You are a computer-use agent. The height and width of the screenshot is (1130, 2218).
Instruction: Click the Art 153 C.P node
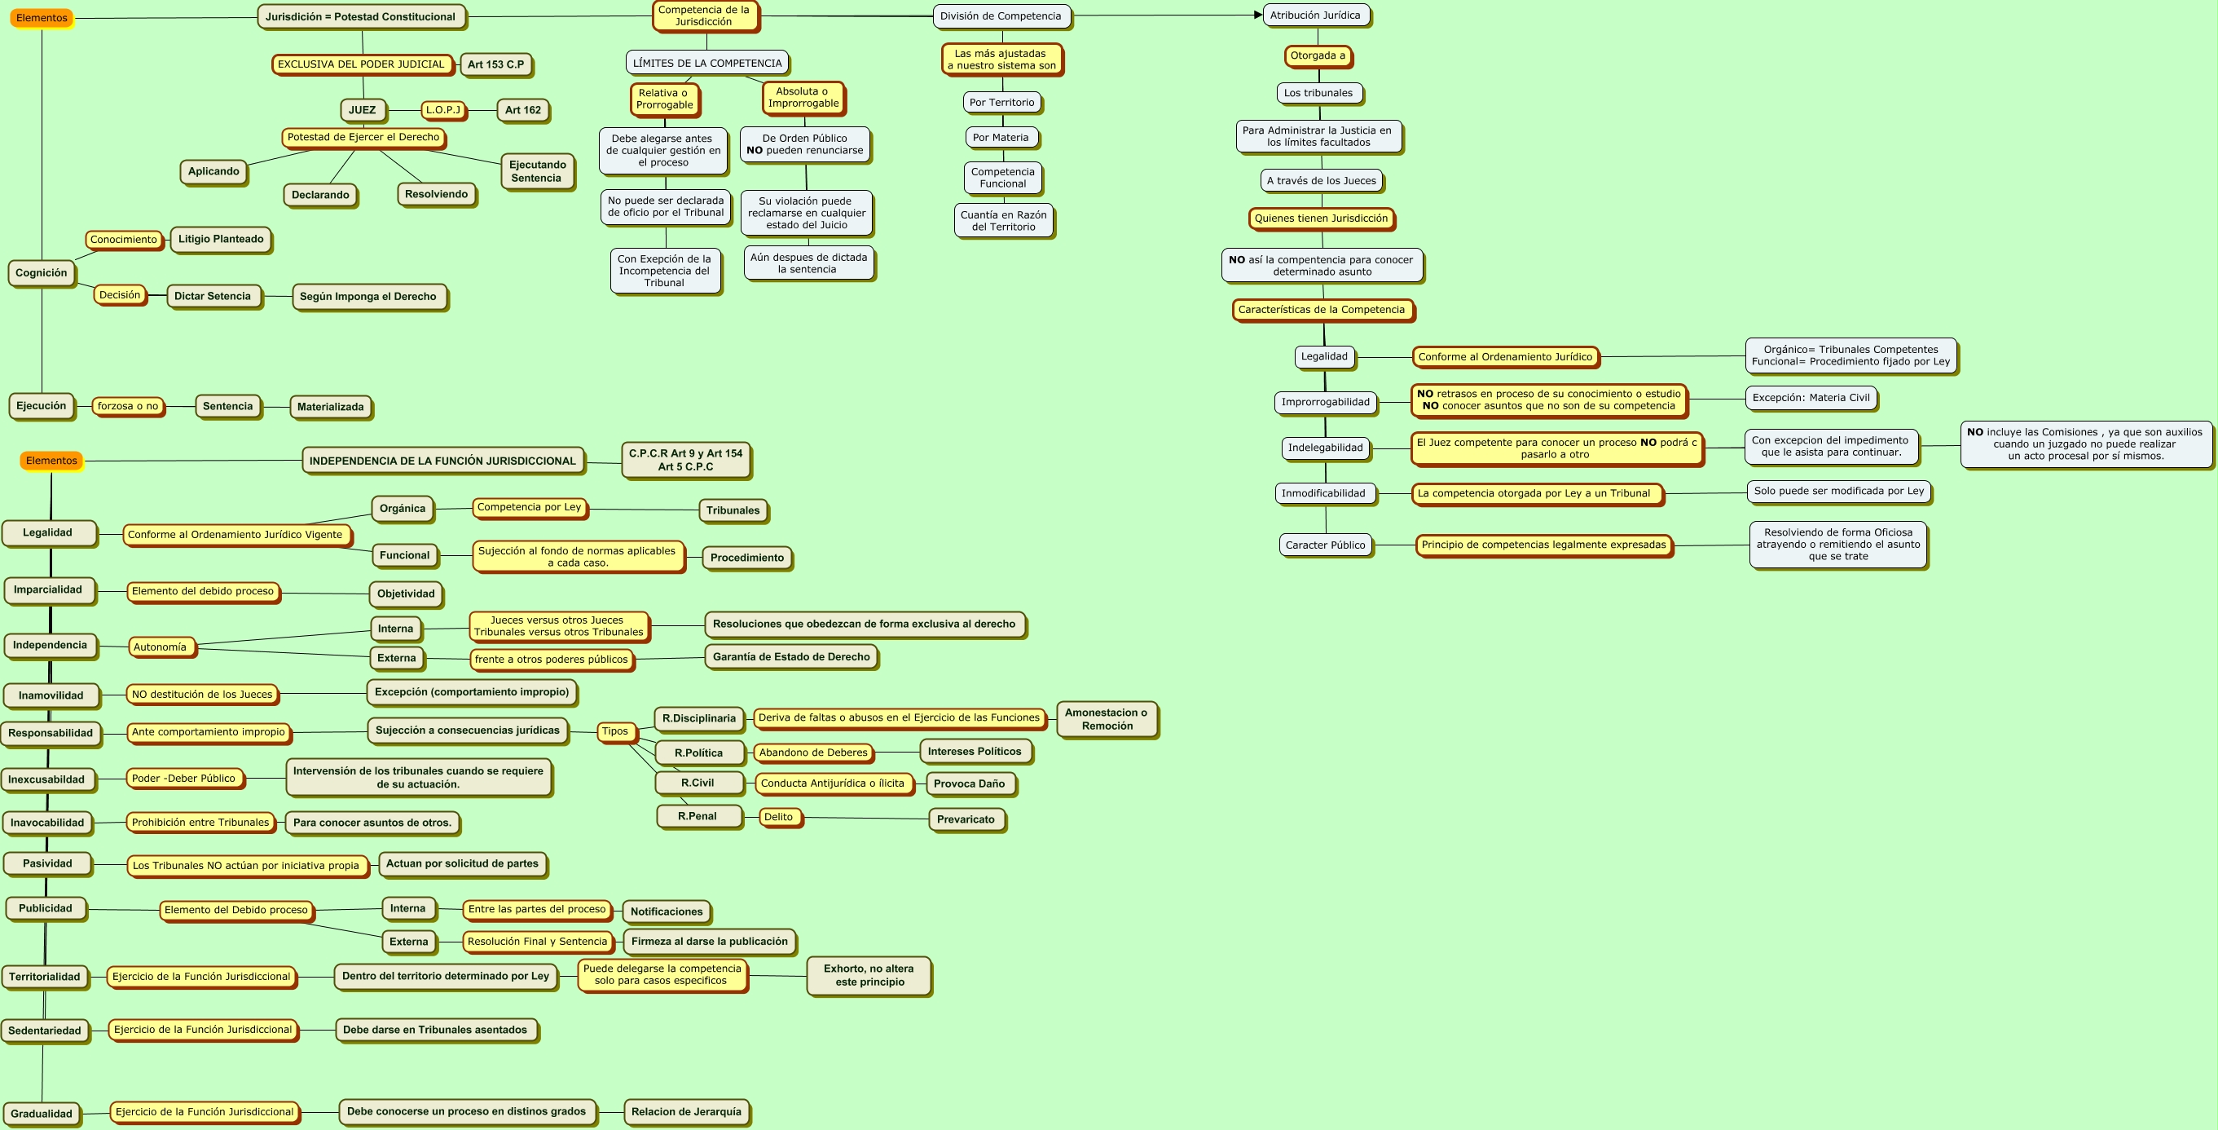[x=496, y=64]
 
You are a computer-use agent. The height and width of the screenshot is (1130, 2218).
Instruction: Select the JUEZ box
[x=363, y=110]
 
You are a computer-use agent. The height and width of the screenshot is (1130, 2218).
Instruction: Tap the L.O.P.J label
[x=443, y=110]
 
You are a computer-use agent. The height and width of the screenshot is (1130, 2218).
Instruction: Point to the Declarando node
[x=320, y=196]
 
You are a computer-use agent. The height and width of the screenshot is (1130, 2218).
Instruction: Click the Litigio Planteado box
[x=222, y=240]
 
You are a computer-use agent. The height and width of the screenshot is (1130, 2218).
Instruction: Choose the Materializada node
[x=331, y=408]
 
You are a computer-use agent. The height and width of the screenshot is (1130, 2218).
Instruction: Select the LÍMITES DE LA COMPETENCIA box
[x=707, y=63]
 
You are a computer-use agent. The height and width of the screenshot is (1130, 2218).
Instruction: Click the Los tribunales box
[x=1318, y=93]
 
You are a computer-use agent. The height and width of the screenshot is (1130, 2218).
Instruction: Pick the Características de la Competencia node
[x=1322, y=310]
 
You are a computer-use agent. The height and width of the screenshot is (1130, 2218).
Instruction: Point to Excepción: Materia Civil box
[x=1811, y=398]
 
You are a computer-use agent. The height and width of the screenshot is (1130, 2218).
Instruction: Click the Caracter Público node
[x=1325, y=545]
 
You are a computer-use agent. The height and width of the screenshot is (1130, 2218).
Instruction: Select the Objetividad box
[x=407, y=594]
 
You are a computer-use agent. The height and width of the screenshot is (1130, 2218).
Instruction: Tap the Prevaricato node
[x=966, y=820]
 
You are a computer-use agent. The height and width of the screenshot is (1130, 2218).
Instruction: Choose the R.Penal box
[x=698, y=816]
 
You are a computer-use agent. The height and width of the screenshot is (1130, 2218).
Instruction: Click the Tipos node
[x=614, y=732]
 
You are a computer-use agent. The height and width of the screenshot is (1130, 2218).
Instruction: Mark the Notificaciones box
[x=667, y=912]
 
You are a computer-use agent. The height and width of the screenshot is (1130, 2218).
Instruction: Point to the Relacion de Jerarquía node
[x=686, y=1112]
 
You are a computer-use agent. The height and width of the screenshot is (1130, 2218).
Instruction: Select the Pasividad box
[x=47, y=864]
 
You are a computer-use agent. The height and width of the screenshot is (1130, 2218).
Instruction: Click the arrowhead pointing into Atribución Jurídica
[x=1258, y=15]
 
